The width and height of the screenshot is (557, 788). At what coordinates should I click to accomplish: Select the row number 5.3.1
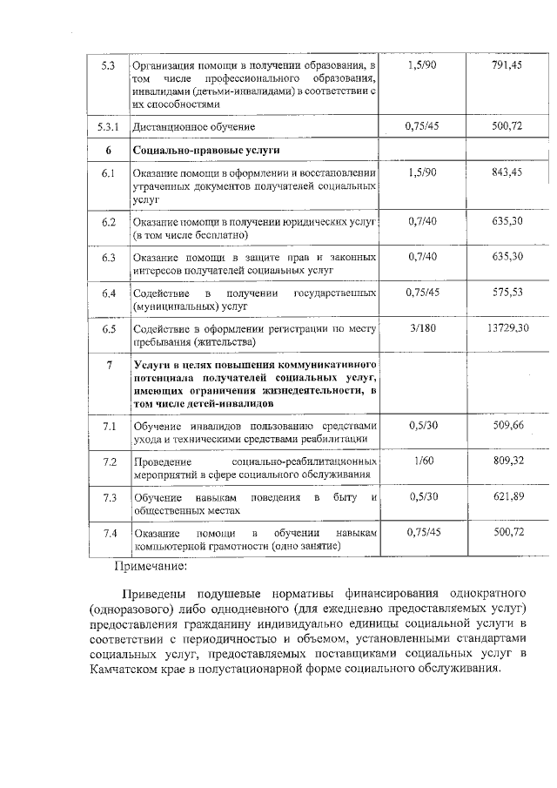109,127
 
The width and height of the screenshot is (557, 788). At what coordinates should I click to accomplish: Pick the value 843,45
507,172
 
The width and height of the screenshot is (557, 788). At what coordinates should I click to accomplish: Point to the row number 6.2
109,222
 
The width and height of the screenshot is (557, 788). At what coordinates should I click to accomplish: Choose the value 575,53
507,293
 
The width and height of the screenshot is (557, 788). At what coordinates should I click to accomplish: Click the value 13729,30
508,327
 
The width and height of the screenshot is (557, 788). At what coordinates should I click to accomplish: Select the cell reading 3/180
422,327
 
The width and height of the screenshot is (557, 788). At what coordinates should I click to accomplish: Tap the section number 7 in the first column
109,364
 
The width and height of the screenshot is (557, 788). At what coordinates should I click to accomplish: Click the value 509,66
507,425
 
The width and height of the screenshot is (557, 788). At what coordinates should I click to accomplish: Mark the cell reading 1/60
422,460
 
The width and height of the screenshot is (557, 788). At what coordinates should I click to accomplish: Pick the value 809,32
507,460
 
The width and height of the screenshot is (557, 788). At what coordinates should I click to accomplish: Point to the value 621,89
507,495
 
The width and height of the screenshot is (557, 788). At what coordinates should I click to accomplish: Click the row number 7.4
109,532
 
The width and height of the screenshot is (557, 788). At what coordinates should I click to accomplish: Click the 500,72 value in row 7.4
507,531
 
